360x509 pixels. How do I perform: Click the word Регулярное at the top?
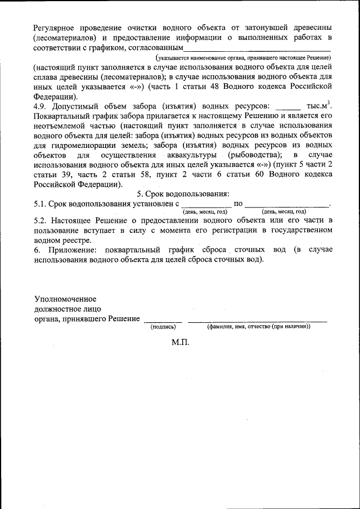pyautogui.click(x=55, y=28)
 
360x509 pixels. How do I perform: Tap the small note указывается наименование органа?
pyautogui.click(x=243, y=58)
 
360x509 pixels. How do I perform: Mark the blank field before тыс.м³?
pyautogui.click(x=288, y=107)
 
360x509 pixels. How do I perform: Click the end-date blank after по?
pyautogui.click(x=287, y=205)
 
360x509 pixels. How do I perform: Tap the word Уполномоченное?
pyautogui.click(x=65, y=298)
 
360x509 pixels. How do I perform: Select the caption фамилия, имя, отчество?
pyautogui.click(x=258, y=327)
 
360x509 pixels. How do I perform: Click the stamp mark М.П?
pyautogui.click(x=181, y=342)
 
